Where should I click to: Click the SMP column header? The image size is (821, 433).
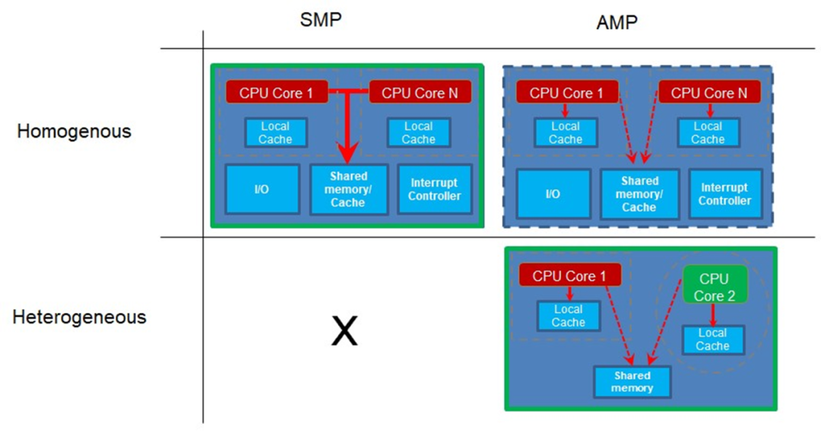point(321,19)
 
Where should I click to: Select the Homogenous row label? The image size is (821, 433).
point(74,131)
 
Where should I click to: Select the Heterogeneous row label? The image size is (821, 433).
point(79,317)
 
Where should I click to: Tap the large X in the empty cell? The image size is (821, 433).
point(344,332)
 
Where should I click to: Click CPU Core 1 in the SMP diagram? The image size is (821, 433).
point(277,93)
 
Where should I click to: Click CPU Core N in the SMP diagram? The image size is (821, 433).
point(420,93)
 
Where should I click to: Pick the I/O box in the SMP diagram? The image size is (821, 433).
point(262,189)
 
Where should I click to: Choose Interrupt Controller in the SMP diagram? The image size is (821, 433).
point(435,189)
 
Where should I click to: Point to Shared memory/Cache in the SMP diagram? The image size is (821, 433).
point(348,189)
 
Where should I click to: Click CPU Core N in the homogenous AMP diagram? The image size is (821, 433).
point(709,93)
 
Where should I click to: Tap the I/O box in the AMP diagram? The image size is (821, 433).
point(553,194)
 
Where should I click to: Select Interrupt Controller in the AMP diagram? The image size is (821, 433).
point(724,194)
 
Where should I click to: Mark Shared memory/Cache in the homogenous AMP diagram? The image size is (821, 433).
point(639,194)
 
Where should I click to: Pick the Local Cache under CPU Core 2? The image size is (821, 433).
point(712,339)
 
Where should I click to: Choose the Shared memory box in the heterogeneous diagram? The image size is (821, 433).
point(632,382)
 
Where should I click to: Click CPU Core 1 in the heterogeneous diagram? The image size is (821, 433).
point(569,275)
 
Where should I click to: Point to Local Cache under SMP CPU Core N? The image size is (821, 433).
point(418,132)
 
